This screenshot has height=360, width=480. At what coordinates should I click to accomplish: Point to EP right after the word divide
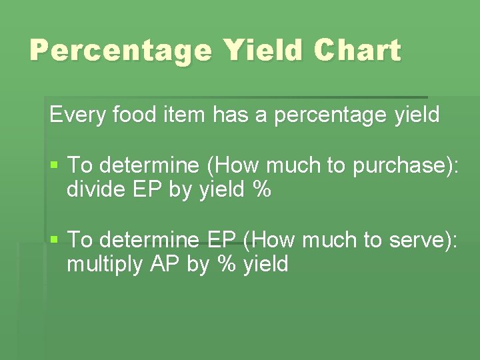[x=147, y=190]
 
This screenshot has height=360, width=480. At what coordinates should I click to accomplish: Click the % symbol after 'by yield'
[x=262, y=190]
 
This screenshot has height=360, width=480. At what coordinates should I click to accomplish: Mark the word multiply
[x=105, y=265]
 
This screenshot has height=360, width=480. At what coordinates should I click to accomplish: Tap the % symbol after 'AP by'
[x=225, y=265]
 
